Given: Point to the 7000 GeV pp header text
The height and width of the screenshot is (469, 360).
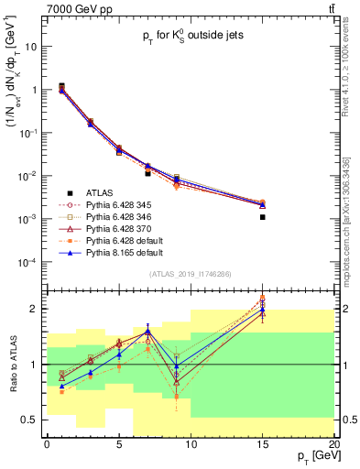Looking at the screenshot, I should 38,7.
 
